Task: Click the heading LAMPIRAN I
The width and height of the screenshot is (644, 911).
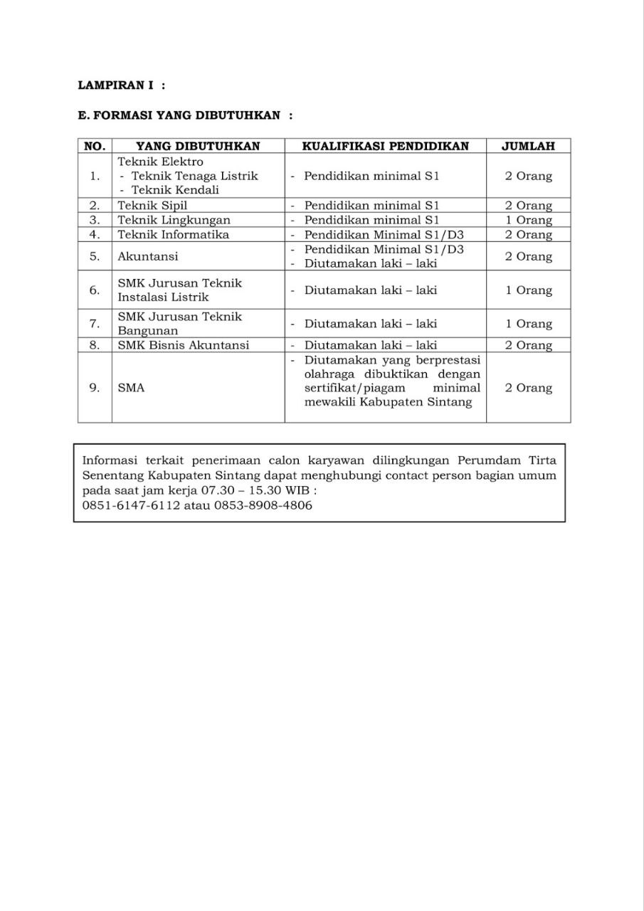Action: click(x=116, y=85)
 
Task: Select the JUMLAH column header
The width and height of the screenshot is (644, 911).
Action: click(x=528, y=146)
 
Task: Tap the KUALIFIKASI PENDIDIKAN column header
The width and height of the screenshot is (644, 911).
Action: click(x=385, y=146)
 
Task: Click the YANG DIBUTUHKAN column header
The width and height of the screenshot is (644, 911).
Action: click(x=198, y=146)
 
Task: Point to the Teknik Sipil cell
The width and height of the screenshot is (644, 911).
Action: click(x=152, y=206)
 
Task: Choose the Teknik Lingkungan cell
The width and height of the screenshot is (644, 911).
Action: click(x=174, y=220)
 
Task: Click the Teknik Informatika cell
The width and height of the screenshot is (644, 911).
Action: click(x=173, y=234)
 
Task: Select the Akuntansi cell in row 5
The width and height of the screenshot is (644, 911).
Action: click(x=148, y=256)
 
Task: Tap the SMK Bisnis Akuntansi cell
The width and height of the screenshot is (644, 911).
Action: click(x=183, y=345)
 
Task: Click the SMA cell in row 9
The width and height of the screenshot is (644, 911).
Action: click(x=131, y=388)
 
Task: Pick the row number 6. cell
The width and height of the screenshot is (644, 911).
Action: click(x=95, y=290)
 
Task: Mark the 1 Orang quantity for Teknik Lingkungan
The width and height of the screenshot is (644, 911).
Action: click(x=528, y=220)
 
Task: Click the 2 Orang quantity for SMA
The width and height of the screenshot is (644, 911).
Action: click(x=528, y=388)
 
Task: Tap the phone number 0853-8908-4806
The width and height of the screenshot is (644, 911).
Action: click(x=263, y=505)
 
